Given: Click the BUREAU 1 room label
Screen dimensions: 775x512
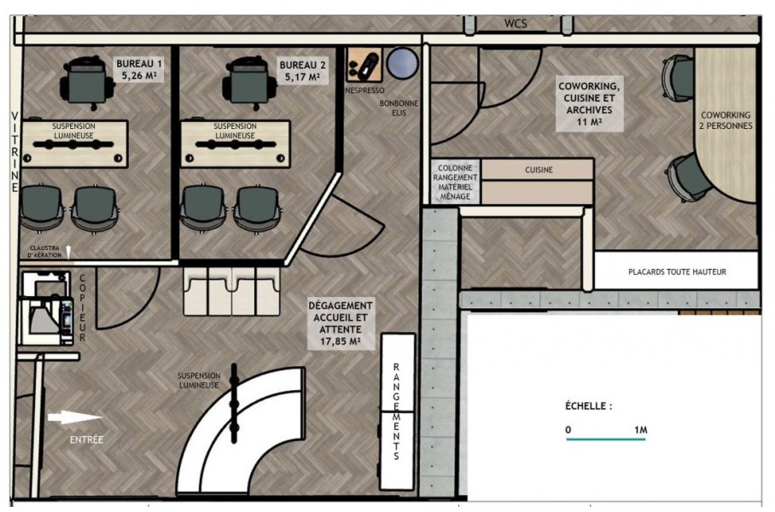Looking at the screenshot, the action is (139, 70).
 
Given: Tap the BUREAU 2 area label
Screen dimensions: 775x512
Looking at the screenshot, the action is (302, 71).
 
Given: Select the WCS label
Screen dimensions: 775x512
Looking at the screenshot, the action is (516, 23).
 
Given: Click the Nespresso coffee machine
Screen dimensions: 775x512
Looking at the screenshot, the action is (364, 65).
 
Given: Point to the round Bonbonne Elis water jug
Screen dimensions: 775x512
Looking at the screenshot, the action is (402, 63).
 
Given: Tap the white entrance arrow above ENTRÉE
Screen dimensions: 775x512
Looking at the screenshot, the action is (74, 417).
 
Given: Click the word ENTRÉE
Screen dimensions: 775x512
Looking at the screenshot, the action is (86, 439).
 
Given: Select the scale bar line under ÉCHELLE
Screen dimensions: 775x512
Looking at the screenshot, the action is (606, 439).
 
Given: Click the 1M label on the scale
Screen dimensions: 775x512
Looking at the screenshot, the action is (640, 430).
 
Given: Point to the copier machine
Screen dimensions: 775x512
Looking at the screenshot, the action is (45, 309).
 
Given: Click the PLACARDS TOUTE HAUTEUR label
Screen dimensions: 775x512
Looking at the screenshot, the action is (677, 272).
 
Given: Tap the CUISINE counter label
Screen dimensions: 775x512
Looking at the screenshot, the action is (539, 170).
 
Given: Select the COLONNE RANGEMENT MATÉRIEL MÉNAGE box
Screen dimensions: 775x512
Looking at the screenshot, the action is (455, 182).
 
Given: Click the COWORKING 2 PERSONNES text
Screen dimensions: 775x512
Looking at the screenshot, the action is (725, 120).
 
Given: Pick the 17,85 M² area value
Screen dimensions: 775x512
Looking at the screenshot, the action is (340, 341).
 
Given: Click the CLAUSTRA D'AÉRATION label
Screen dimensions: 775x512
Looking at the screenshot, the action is (44, 252).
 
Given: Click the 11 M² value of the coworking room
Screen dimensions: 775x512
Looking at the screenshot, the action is (589, 121).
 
